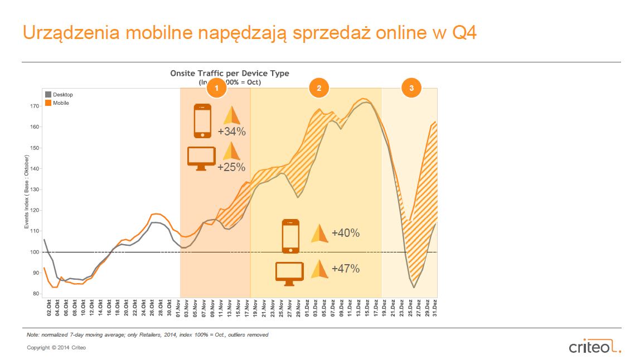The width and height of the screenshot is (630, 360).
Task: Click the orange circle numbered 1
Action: pos(216,88)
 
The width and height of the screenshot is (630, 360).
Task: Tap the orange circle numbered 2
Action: pos(319,88)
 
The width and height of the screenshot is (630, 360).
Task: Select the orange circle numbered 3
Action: pos(411,88)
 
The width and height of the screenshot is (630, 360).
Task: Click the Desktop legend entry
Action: pos(59,95)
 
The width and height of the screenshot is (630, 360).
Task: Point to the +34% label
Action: pos(231,132)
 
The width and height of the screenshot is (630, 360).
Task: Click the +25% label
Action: pos(231,166)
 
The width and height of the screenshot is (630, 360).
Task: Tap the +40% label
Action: pos(345,233)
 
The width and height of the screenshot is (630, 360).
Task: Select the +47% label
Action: pos(345,269)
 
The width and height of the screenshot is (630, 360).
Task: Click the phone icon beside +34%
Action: pos(202,121)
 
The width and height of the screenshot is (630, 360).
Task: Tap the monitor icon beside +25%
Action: pos(201,158)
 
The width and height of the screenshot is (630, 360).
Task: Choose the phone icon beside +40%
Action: pos(290,236)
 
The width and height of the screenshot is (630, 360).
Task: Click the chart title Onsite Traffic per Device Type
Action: pos(230,74)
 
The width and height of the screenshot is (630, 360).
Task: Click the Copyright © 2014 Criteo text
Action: pos(56,348)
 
